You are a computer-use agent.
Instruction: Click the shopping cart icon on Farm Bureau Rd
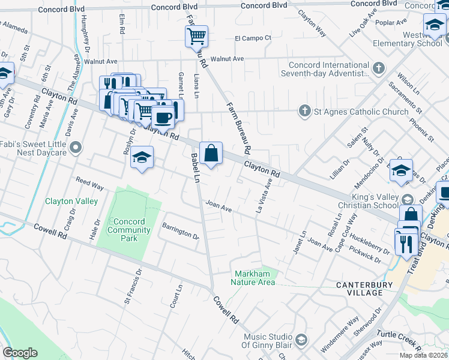(x=196, y=36)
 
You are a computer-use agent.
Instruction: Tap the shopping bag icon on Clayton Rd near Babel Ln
(x=211, y=153)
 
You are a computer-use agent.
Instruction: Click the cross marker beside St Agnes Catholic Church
(x=304, y=111)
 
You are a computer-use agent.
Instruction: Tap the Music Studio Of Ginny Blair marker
(x=301, y=341)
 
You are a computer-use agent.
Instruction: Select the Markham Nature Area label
(x=255, y=278)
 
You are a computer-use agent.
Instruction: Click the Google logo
(x=20, y=353)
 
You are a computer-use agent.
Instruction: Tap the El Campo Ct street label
(x=253, y=38)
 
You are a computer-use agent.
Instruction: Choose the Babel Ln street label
(x=195, y=167)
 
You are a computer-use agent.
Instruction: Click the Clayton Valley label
(x=71, y=202)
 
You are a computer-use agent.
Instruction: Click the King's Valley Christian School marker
(x=408, y=200)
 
